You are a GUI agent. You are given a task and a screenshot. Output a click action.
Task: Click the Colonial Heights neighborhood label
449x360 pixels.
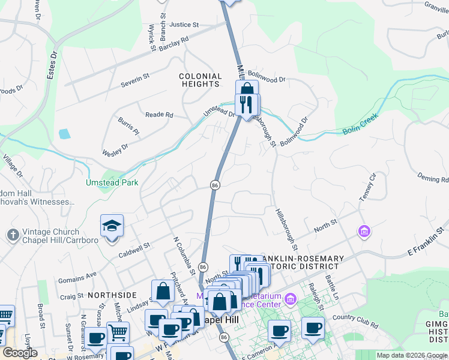[200, 80]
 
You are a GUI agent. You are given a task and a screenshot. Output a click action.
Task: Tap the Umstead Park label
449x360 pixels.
[112, 182]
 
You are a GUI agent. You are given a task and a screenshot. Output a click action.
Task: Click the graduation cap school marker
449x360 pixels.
[112, 227]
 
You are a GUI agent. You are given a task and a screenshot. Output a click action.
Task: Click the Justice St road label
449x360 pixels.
[184, 25]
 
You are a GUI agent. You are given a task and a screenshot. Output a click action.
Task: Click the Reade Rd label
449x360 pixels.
[159, 115]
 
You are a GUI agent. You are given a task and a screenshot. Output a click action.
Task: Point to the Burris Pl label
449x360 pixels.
[128, 127]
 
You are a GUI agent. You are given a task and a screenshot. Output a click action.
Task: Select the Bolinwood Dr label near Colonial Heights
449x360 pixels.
[267, 79]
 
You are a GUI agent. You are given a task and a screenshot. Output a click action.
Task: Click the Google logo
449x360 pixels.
[20, 352]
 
